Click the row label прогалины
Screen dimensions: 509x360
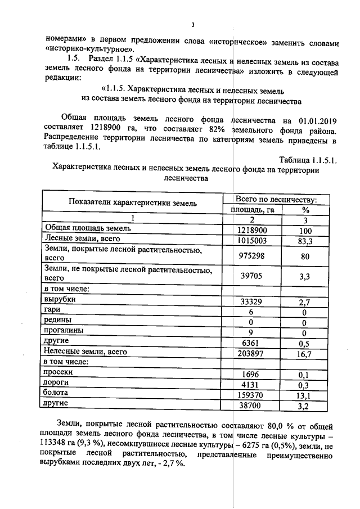64,331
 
